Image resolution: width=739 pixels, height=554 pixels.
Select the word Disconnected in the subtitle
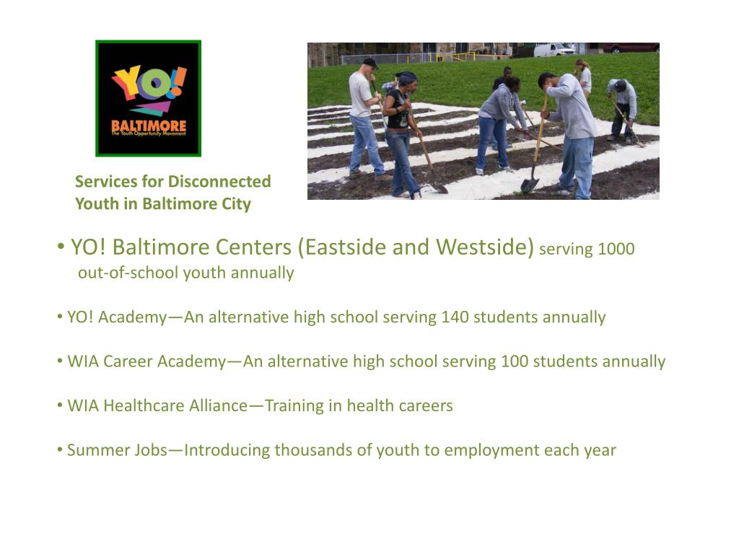coord(219,182)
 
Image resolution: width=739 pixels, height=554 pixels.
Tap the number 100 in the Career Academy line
coord(514,361)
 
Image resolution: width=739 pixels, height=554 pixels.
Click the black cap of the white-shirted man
coord(370,62)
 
